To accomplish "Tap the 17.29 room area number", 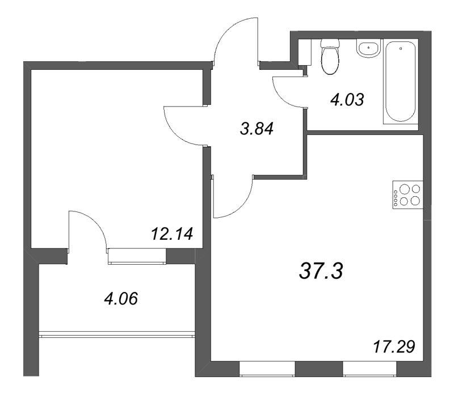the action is click(394, 346).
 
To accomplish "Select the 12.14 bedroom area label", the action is click(172, 234).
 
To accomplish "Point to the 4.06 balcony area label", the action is click(121, 298).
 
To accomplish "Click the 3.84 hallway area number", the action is click(257, 129).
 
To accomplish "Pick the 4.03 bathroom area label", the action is click(347, 100).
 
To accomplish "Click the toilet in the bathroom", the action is click(330, 57).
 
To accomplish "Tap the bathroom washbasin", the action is click(368, 48).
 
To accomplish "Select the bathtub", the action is click(401, 82).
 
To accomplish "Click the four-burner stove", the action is click(407, 195).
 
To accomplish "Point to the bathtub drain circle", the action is click(401, 48).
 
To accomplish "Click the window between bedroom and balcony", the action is click(137, 256).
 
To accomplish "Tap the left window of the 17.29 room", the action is click(267, 369).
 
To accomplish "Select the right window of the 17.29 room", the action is click(369, 369).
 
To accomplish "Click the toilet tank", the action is click(330, 43).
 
